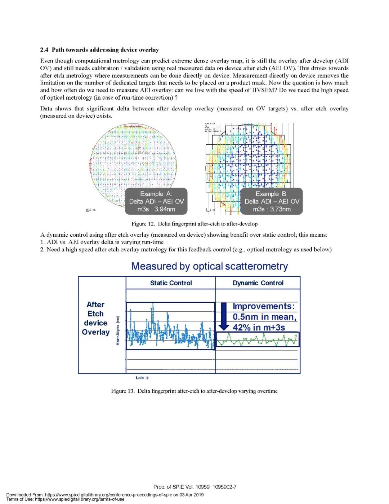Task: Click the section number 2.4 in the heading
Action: pyautogui.click(x=44, y=50)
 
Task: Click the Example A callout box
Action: pyautogui.click(x=156, y=201)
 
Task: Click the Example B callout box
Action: pyautogui.click(x=272, y=201)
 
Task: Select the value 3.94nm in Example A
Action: pyautogui.click(x=165, y=209)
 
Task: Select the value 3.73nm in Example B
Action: pyautogui.click(x=280, y=209)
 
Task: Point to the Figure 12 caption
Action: pyautogui.click(x=194, y=224)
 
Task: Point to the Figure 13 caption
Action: pyautogui.click(x=194, y=391)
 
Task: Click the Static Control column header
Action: pyautogui.click(x=171, y=283)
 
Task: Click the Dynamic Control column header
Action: pyautogui.click(x=258, y=283)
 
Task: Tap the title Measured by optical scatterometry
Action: pyautogui.click(x=209, y=266)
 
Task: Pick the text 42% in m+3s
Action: pyautogui.click(x=259, y=328)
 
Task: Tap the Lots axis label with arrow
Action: pyautogui.click(x=142, y=378)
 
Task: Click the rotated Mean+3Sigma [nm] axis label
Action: pyautogui.click(x=118, y=331)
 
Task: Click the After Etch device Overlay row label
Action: pyautogui.click(x=95, y=318)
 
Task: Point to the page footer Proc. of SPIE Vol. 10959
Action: pyautogui.click(x=195, y=487)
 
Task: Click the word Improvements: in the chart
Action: pyautogui.click(x=264, y=306)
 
